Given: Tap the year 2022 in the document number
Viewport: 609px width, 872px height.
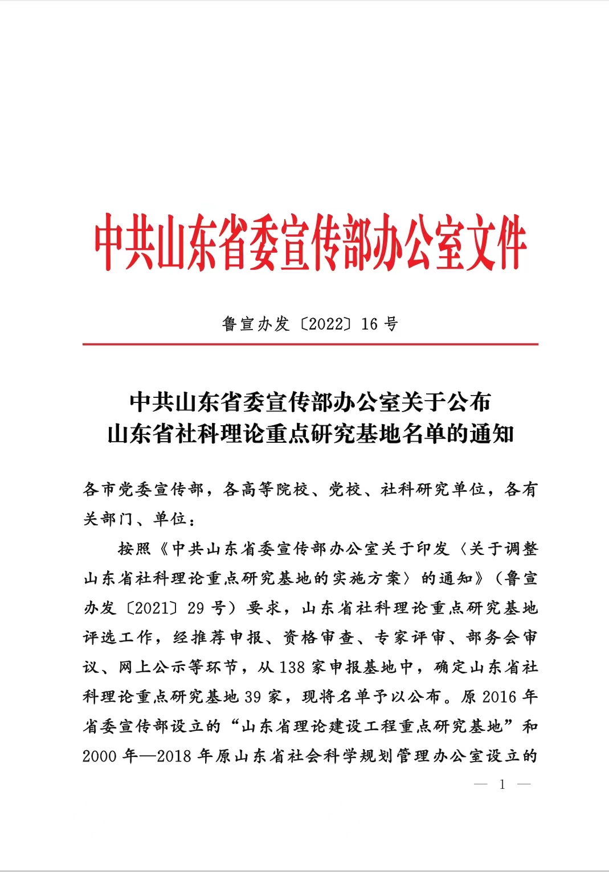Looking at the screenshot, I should [x=326, y=324].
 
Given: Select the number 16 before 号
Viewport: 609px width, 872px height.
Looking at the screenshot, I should [x=369, y=324].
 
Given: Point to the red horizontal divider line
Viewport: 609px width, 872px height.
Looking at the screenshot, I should [x=310, y=344].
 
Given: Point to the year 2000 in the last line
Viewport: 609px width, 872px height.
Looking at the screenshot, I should [x=100, y=756].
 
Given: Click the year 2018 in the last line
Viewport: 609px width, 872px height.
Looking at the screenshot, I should [x=174, y=756].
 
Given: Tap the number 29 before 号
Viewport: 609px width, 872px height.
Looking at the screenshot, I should [x=195, y=608].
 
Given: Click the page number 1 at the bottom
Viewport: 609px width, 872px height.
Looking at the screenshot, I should [x=502, y=784].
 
